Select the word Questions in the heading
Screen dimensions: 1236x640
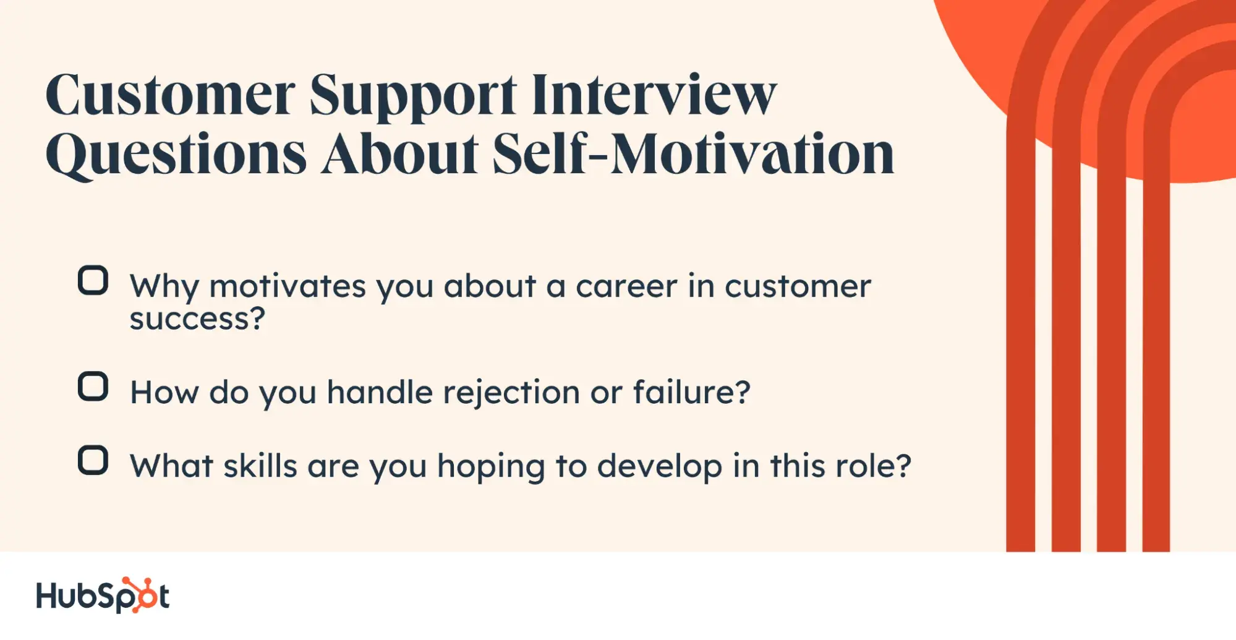176,155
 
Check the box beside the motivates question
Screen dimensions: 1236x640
93,281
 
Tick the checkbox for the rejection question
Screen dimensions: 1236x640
93,386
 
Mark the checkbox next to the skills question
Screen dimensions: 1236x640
93,460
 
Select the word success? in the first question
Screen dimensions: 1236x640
197,319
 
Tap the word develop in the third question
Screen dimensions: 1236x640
659,466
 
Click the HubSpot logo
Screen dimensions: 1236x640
103,595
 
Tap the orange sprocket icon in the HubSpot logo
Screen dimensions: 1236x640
141,594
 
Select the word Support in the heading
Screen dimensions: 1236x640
413,96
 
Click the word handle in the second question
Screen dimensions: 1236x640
380,392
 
